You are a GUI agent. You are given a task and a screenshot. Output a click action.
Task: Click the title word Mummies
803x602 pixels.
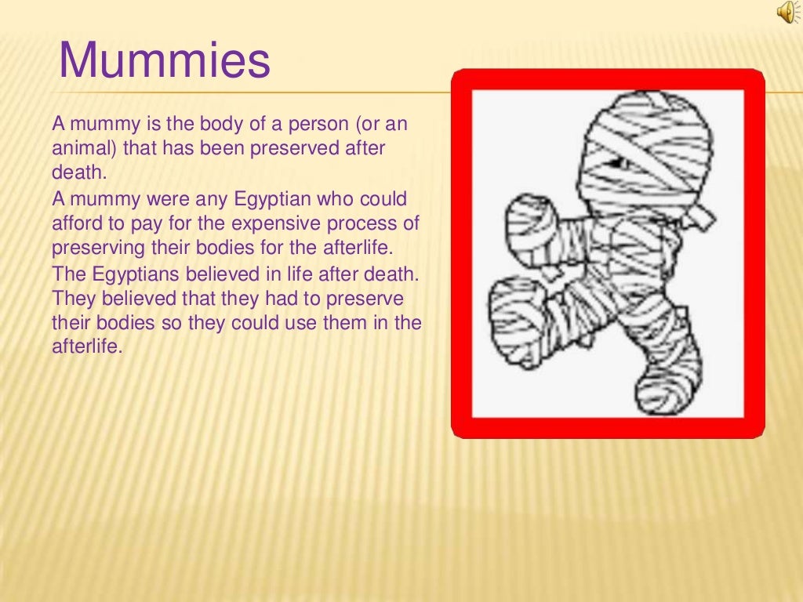click(165, 61)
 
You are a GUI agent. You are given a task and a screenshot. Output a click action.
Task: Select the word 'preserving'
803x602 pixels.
click(93, 248)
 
